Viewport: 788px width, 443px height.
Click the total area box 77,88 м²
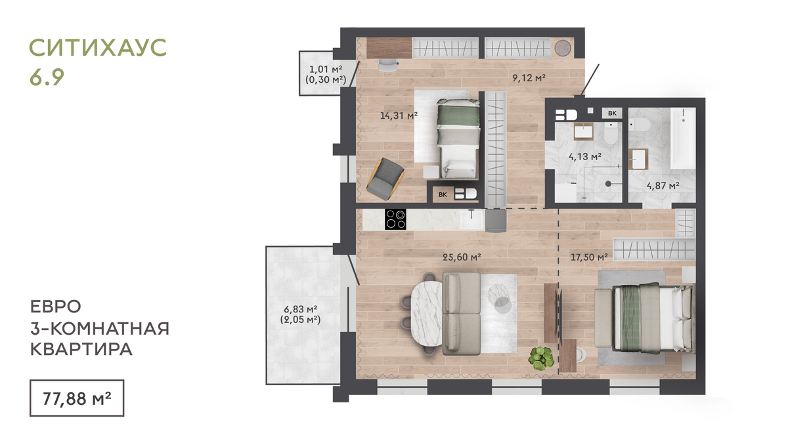77,398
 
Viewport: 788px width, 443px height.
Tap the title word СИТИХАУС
98,47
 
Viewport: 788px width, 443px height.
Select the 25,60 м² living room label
462,257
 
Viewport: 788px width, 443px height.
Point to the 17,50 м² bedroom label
589,257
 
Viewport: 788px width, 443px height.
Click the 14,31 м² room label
399,115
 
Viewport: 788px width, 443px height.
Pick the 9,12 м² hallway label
529,77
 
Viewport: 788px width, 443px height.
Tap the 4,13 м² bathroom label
584,156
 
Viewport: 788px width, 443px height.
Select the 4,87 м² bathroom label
663,185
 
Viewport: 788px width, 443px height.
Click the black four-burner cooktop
395,219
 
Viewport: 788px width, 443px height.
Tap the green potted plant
541,358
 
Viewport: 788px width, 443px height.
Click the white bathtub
683,138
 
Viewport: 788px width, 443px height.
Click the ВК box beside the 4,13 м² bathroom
612,113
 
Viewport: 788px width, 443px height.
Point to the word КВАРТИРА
81,349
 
